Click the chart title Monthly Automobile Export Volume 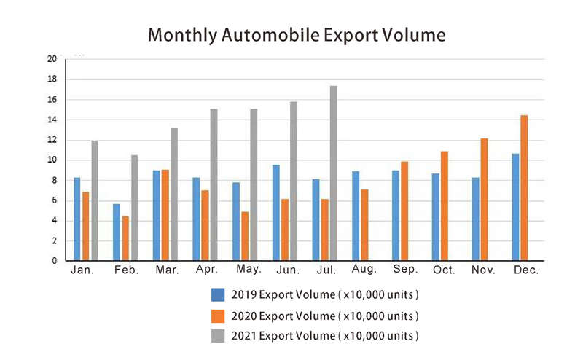[296, 34]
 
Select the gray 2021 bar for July [334, 173]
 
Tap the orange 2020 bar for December [524, 188]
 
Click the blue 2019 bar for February [117, 232]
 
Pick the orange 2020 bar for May [246, 236]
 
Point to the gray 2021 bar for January [95, 200]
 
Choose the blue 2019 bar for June [276, 212]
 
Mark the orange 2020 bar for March [166, 215]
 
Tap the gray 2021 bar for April [214, 184]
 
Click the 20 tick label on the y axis [52, 59]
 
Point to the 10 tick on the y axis [52, 160]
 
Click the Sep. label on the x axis [405, 270]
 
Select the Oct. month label [444, 270]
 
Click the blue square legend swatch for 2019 [217, 295]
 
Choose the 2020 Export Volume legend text [325, 316]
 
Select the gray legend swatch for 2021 [217, 335]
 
